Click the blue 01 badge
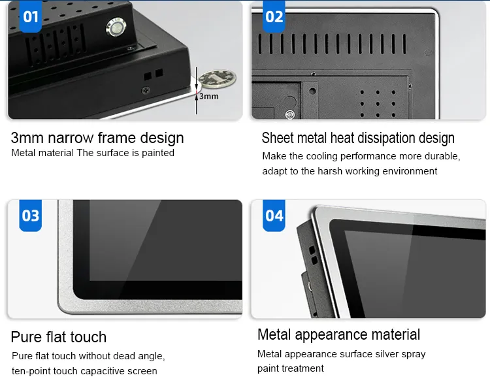tap(31, 16)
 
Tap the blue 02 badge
tap(274, 16)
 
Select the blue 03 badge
tap(30, 216)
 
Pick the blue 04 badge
tap(274, 216)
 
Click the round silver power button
tap(116, 27)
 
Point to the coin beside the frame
tap(218, 78)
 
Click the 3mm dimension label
tap(209, 96)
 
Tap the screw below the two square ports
tap(146, 91)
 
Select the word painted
tap(158, 153)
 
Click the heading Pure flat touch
tap(58, 337)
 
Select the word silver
tap(387, 354)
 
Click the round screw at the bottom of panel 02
tap(290, 115)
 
